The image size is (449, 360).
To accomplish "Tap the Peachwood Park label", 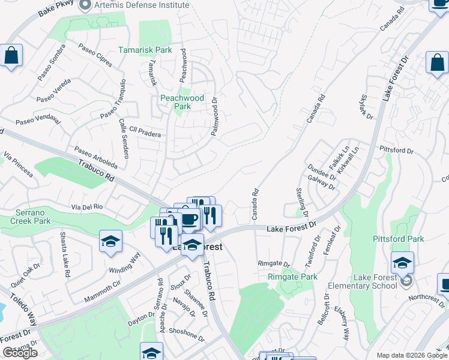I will point(182,102).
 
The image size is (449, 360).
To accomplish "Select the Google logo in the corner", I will point(20,353).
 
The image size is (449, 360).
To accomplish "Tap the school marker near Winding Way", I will point(111,241).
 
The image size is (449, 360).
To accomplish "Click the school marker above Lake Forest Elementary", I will point(402,262).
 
